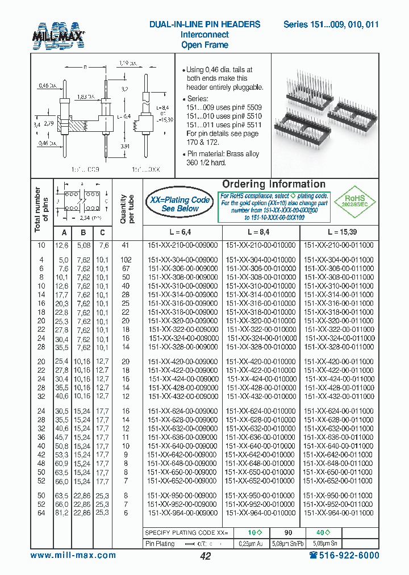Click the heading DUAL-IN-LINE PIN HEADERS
204,24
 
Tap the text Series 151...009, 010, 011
331,24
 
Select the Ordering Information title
273,184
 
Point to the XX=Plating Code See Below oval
180,204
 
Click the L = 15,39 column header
339,232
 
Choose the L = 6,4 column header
181,232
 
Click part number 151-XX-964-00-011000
339,512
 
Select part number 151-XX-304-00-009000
182,260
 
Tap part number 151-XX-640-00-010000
261,446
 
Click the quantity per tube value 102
126,260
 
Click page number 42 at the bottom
206,556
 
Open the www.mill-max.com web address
73,555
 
